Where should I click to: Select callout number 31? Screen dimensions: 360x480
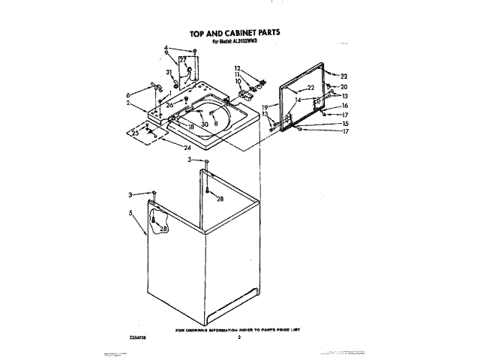click(169, 73)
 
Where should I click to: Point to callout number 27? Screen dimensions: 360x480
click(182, 59)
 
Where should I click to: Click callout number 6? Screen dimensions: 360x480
click(128, 95)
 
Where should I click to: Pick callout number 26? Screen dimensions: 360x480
click(169, 104)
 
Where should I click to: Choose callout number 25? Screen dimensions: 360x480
click(135, 133)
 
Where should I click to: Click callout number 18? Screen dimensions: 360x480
click(192, 127)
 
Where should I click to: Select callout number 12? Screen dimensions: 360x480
click(238, 69)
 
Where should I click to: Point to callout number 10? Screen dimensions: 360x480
click(238, 81)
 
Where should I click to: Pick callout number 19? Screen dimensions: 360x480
click(265, 108)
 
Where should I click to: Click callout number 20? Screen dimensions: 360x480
click(344, 87)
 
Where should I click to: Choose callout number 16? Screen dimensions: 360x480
click(344, 106)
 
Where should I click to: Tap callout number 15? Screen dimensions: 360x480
click(344, 123)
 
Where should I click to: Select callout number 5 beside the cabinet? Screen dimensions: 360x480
click(130, 213)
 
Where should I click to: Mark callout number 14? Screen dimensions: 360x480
click(298, 99)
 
